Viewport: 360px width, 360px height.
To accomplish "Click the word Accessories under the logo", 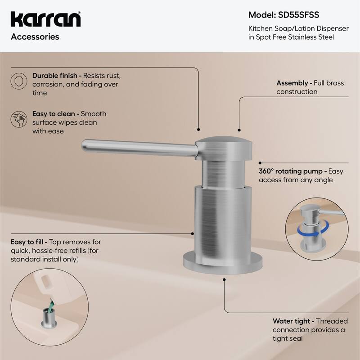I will (x=35, y=37).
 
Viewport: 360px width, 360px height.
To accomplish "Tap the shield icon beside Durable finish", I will (x=17, y=81).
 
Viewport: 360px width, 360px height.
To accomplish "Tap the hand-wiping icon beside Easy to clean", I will (x=17, y=119).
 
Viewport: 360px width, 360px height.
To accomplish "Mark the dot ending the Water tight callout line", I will (x=224, y=279).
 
